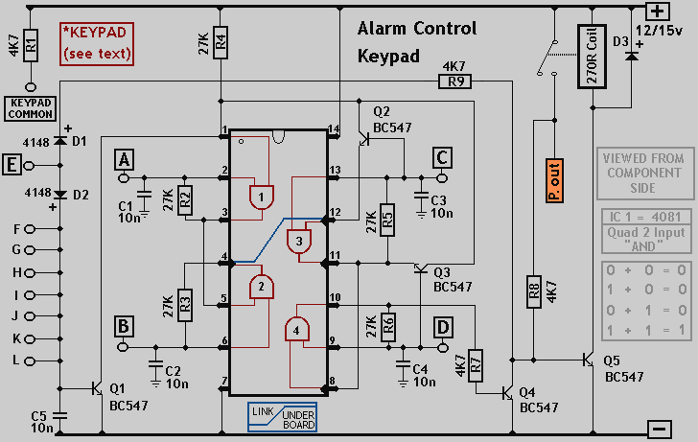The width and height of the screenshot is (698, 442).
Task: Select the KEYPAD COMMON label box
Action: tap(31, 107)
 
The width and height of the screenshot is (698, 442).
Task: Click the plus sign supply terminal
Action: tap(657, 12)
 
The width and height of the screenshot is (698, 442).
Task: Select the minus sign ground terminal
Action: tap(657, 429)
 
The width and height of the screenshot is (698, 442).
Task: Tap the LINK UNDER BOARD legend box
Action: tap(283, 416)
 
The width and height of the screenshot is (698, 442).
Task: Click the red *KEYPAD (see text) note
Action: tap(97, 43)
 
